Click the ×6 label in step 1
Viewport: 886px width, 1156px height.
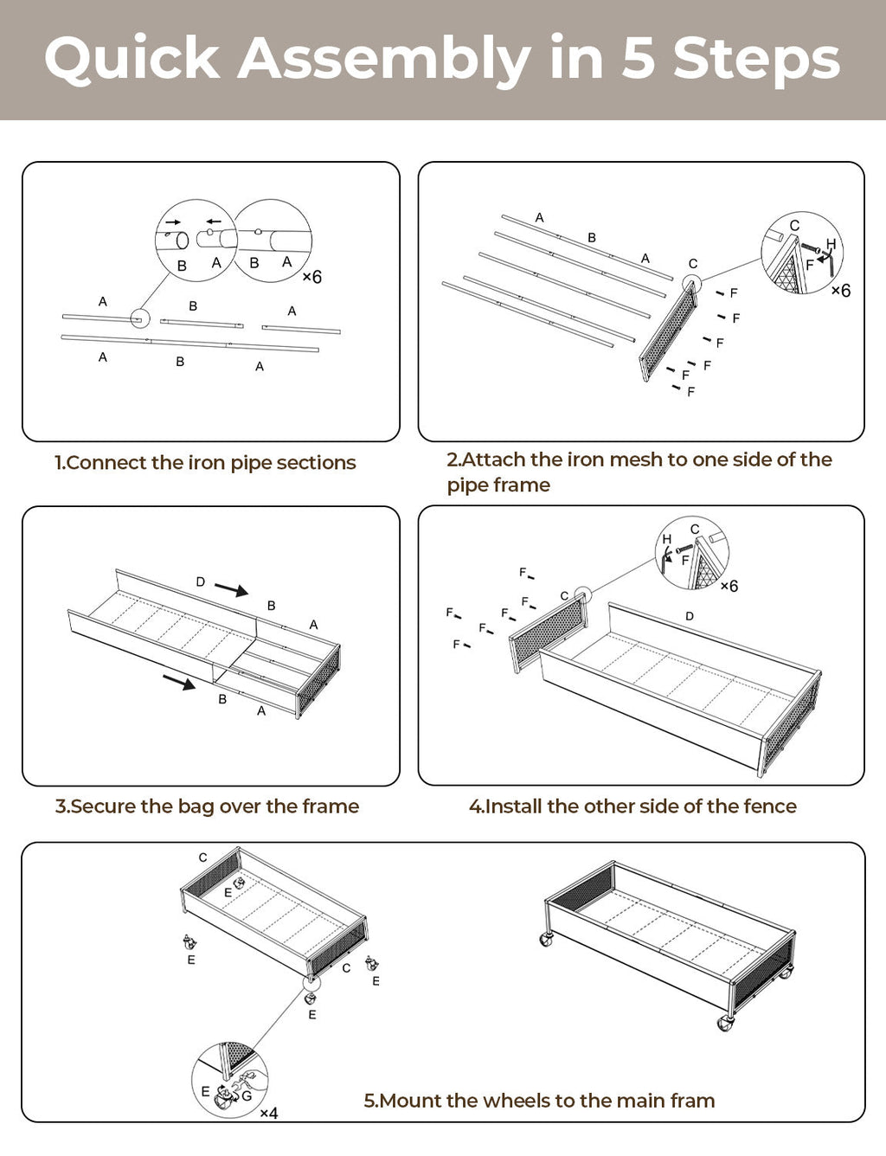tap(311, 277)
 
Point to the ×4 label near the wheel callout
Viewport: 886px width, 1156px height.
tap(269, 1113)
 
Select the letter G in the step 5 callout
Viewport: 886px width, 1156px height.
tap(247, 1095)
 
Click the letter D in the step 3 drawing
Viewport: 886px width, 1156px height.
tap(201, 582)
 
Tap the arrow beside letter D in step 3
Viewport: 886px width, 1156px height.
tap(231, 589)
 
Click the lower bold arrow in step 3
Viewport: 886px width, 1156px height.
tap(179, 683)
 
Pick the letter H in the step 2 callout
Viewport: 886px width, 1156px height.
tap(831, 244)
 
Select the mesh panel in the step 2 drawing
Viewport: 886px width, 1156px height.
tap(668, 332)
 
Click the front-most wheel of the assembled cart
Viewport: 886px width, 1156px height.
tap(725, 1024)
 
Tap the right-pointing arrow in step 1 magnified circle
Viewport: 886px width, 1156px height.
tap(172, 222)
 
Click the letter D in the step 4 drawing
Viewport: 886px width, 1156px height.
tap(690, 616)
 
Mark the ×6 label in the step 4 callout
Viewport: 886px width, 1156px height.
tap(729, 586)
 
